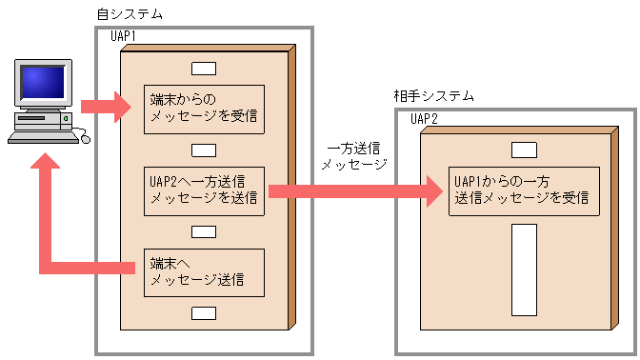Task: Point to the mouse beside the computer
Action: click(84, 139)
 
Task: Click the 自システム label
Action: click(130, 15)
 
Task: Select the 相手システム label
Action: click(434, 96)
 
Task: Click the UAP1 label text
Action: click(124, 37)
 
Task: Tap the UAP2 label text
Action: click(425, 119)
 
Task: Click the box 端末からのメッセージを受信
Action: click(203, 109)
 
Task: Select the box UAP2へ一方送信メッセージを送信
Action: click(203, 190)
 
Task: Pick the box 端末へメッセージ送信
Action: click(203, 271)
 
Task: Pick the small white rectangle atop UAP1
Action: click(203, 69)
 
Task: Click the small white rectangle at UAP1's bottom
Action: click(203, 313)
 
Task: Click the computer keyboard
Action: click(42, 136)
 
